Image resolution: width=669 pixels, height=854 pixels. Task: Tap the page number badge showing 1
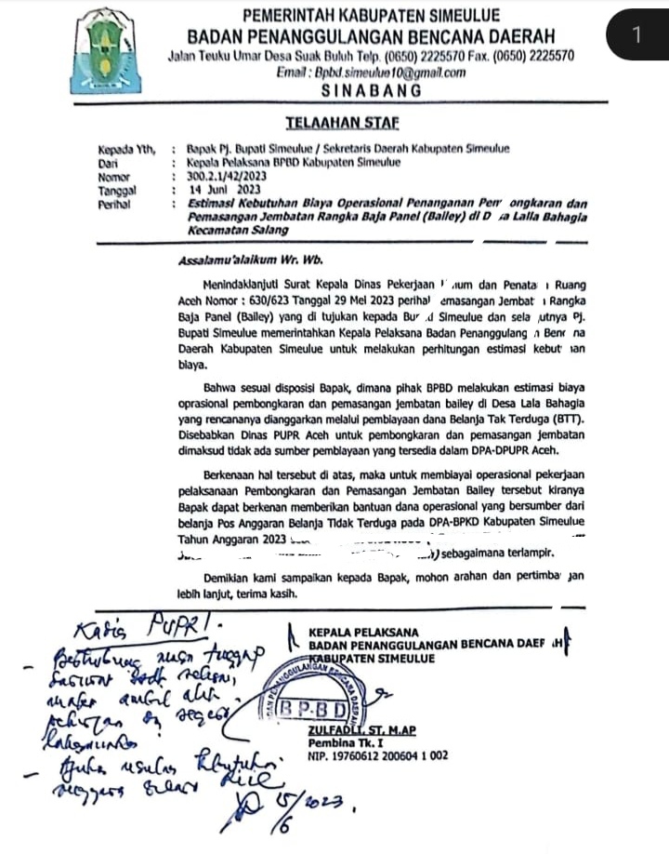coord(637,36)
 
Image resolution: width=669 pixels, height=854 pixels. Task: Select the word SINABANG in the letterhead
coord(371,91)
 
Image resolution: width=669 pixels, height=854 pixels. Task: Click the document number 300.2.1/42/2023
coord(227,175)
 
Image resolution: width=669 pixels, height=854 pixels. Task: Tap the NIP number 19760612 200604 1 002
coord(377,757)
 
